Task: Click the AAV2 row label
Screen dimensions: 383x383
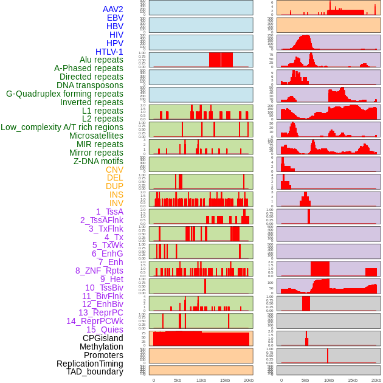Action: tap(113, 9)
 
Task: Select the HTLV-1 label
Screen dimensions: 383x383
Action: tap(109, 52)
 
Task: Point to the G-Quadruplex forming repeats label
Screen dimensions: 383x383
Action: tap(64, 94)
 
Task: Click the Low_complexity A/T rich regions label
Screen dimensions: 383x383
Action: tap(62, 127)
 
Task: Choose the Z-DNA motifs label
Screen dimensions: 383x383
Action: tap(98, 161)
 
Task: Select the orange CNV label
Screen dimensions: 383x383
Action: tap(114, 170)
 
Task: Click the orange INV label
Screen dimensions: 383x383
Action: tap(116, 203)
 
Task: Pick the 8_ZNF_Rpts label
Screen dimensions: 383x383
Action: tap(99, 271)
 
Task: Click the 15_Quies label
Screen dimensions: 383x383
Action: tap(105, 330)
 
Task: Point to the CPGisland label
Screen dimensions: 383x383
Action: tap(103, 338)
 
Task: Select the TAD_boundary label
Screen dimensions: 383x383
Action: tap(95, 371)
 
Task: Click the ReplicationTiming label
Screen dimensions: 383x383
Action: tap(90, 364)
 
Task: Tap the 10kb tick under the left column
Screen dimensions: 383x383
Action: tap(201, 380)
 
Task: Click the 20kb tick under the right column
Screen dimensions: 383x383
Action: tap(376, 380)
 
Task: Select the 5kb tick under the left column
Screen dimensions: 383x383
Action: tap(178, 380)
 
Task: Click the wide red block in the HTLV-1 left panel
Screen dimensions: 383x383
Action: tap(221, 60)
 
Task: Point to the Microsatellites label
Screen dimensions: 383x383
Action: tap(96, 136)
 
